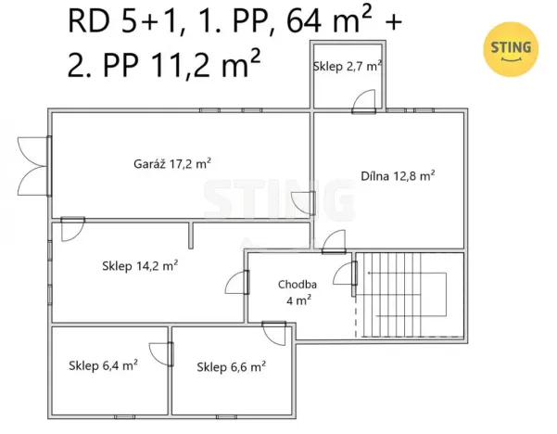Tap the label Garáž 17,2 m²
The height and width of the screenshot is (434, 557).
coord(171,163)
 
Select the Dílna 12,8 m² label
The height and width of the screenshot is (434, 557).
coord(398,174)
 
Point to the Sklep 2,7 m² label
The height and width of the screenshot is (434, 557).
coord(347,67)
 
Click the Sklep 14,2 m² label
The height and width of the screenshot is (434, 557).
coord(139,265)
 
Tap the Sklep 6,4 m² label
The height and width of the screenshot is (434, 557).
coord(103,365)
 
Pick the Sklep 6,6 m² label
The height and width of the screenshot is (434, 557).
coord(231,366)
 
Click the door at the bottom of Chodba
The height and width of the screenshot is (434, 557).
coord(274,331)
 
